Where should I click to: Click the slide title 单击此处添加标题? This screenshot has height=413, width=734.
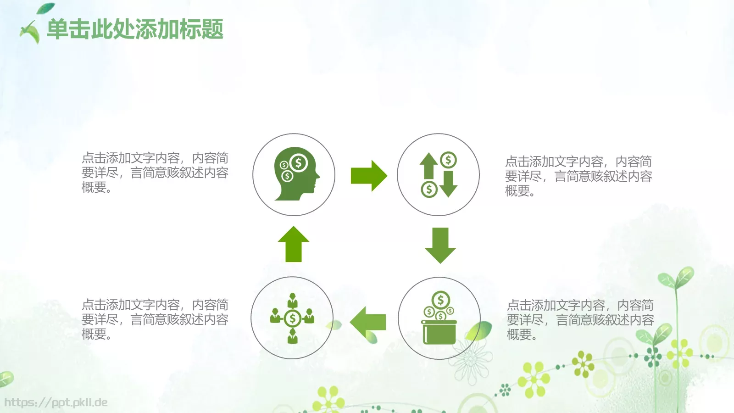click(135, 29)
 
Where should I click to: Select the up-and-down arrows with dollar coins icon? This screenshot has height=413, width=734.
click(438, 174)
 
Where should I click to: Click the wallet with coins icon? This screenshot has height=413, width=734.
click(439, 318)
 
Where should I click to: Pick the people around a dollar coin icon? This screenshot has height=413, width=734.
click(292, 318)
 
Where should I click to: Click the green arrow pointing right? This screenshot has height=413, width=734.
click(368, 175)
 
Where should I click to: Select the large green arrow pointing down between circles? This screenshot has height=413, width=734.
click(440, 245)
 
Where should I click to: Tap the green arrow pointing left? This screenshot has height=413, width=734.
click(367, 322)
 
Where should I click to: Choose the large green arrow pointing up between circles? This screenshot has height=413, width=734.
click(294, 244)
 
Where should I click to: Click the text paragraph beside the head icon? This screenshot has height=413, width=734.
click(155, 173)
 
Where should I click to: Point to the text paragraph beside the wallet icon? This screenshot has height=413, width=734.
click(580, 320)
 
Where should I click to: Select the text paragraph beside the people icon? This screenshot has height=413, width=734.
click(155, 319)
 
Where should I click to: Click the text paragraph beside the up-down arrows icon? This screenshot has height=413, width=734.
click(578, 176)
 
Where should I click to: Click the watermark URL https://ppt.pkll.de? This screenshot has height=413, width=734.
click(56, 402)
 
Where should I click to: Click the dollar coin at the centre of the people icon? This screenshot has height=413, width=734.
click(292, 318)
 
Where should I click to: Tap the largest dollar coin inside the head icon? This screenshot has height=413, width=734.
click(299, 163)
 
